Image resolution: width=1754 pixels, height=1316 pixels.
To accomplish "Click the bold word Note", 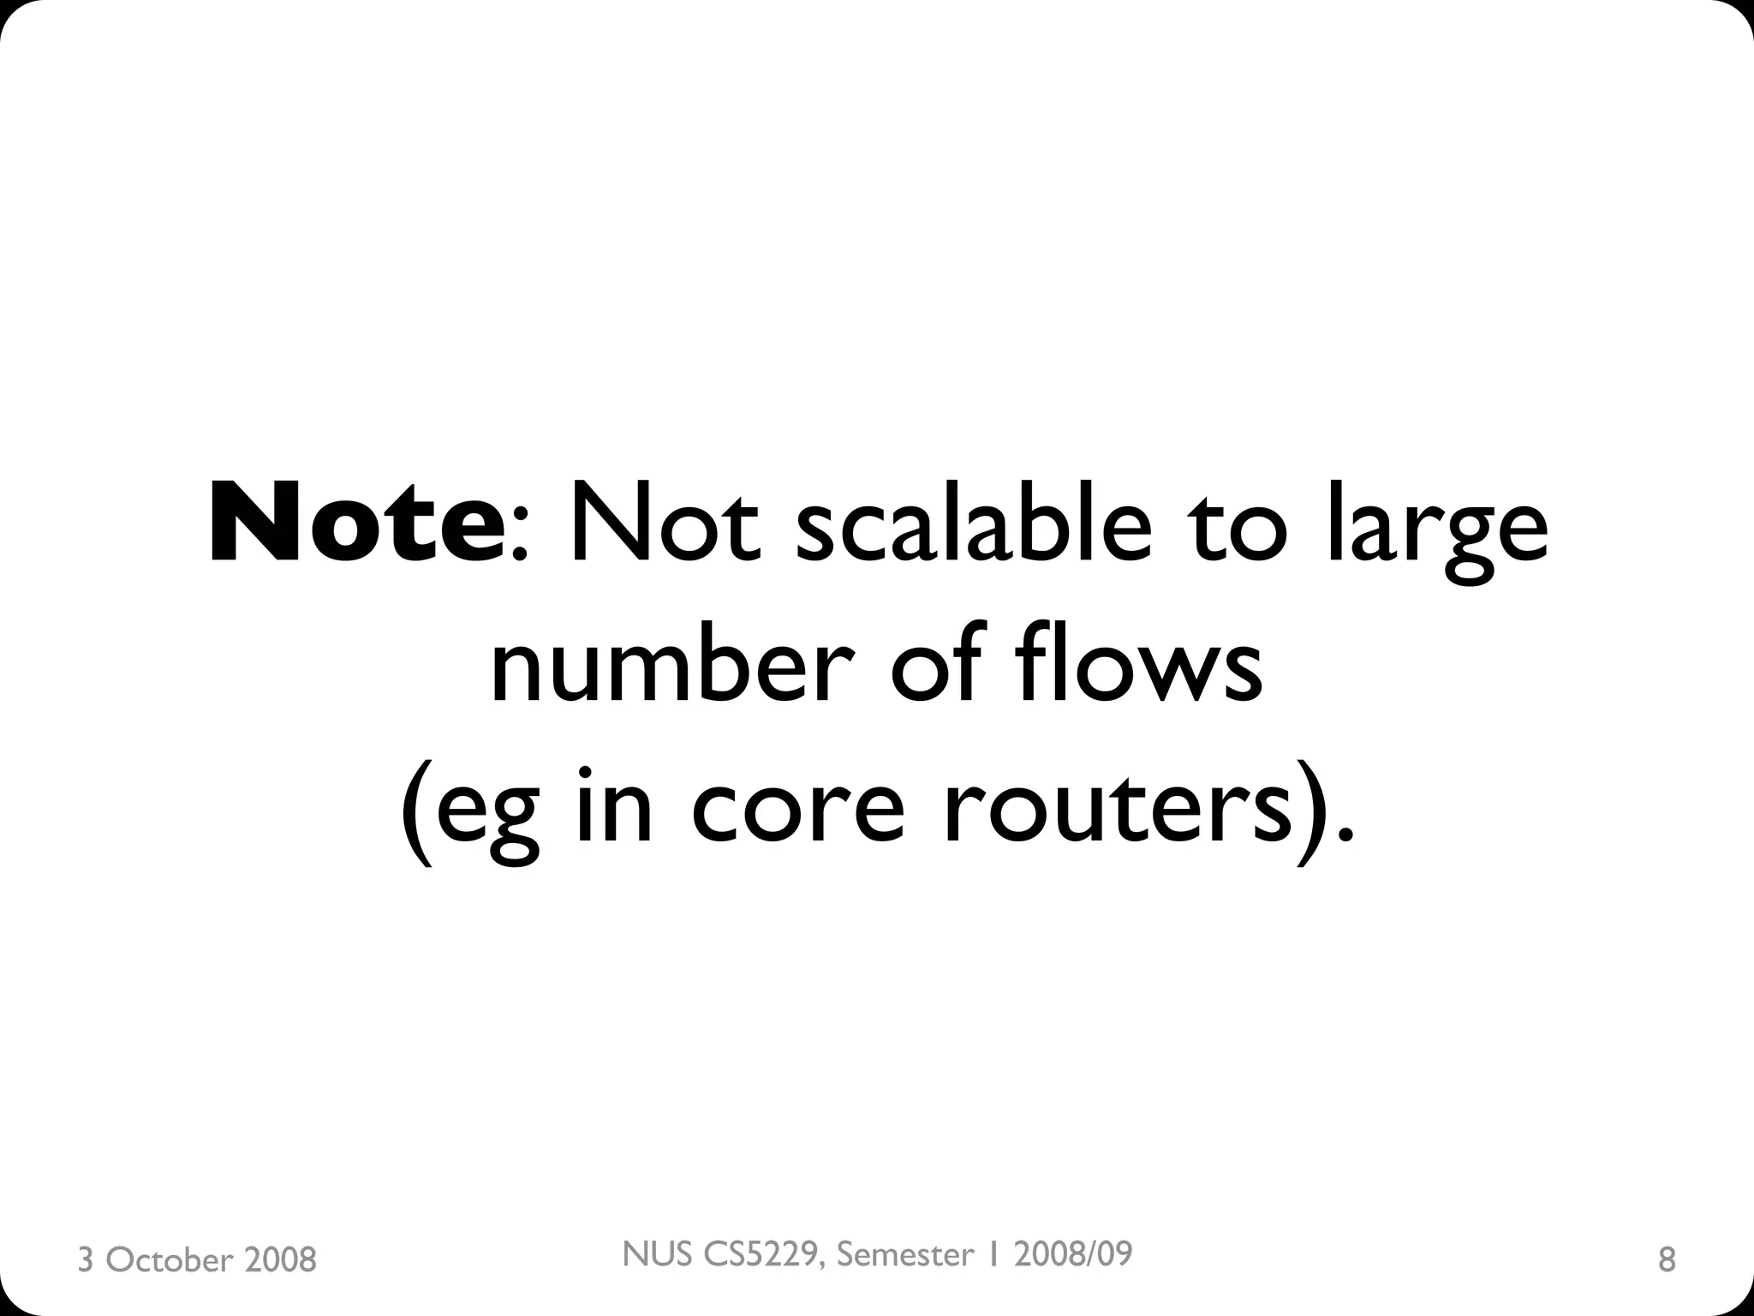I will [x=355, y=524].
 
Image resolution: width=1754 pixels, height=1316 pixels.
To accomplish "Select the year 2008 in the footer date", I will [x=280, y=1260].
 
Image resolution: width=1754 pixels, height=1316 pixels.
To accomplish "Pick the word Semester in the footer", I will [x=905, y=1254].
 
